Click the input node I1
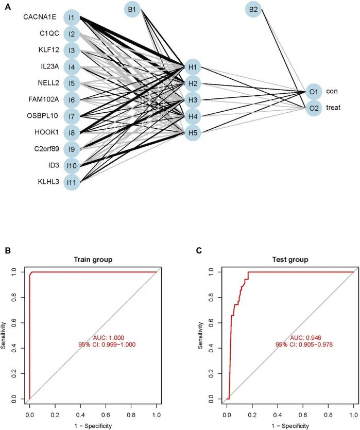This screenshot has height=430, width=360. click(72, 18)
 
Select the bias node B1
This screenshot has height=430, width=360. click(132, 9)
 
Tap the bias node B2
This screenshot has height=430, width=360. click(253, 9)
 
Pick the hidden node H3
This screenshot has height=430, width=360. click(192, 100)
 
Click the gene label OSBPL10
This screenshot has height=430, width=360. click(43, 115)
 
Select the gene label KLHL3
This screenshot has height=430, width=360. click(46, 181)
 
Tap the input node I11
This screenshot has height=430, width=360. click(72, 182)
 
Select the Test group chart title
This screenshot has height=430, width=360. click(290, 260)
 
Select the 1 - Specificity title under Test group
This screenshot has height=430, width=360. click(290, 425)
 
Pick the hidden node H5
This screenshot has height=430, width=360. click(192, 133)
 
